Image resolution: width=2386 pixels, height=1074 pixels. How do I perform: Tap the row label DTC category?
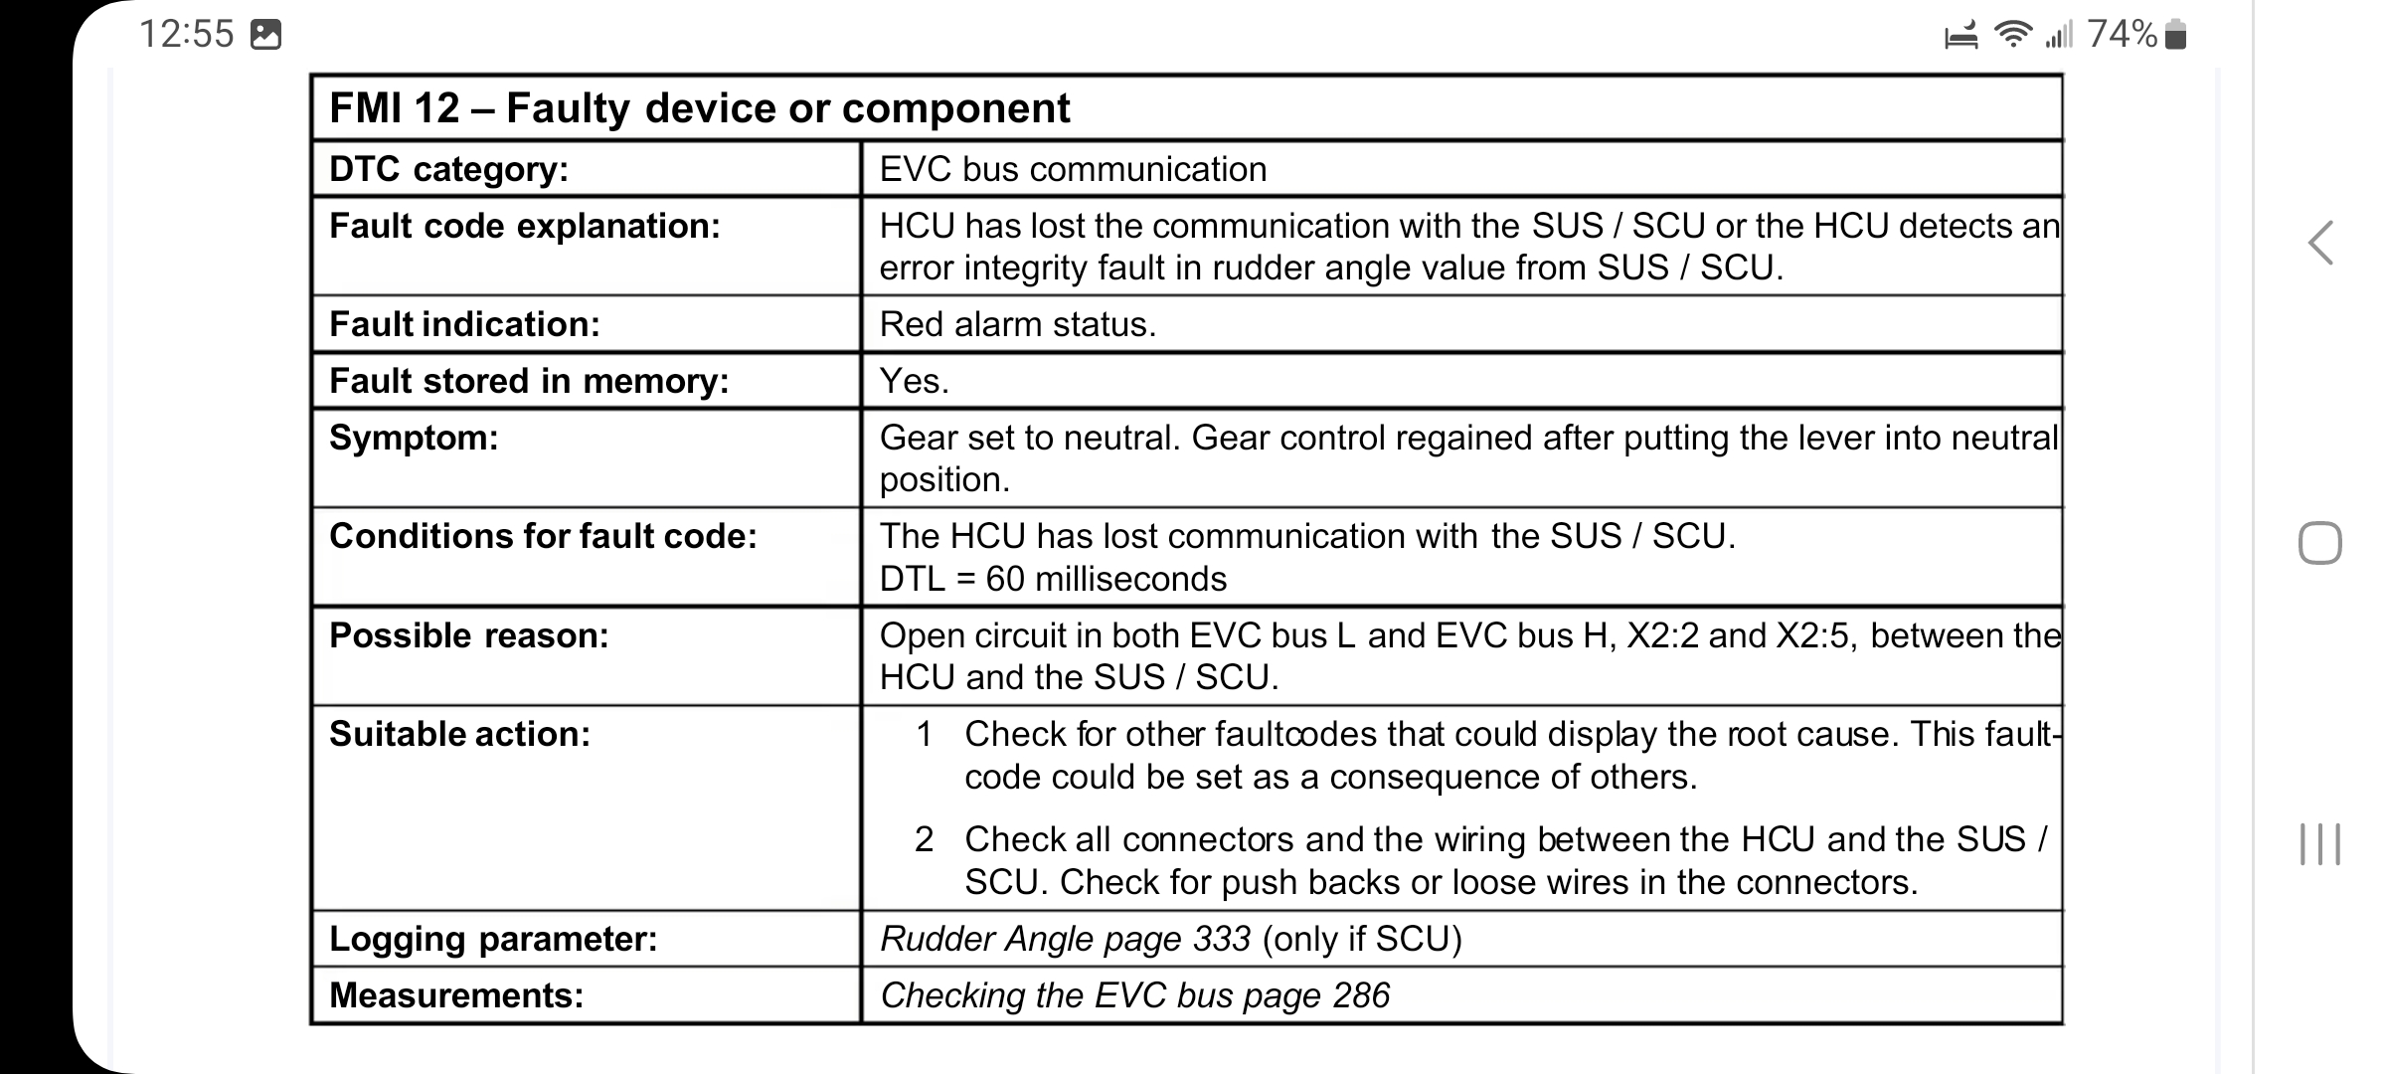(x=448, y=169)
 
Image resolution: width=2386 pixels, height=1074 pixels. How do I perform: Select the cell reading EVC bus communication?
(x=1073, y=169)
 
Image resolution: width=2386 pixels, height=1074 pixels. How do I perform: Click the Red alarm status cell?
(x=1018, y=324)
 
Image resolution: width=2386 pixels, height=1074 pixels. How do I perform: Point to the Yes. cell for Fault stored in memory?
(x=915, y=381)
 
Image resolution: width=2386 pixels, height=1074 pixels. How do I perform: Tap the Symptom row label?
(x=414, y=438)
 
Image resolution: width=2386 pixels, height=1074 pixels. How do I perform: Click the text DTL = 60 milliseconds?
(x=1053, y=579)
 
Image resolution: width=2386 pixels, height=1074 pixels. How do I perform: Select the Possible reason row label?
(x=469, y=635)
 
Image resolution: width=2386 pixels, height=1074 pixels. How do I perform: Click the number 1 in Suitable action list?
(x=925, y=734)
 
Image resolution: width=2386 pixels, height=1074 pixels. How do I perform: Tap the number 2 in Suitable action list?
(x=925, y=839)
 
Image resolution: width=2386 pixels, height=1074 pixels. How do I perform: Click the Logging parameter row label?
(x=493, y=939)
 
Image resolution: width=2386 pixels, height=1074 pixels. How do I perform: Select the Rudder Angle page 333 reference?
(x=1066, y=939)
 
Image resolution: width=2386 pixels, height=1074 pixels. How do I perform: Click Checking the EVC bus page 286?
(x=1134, y=995)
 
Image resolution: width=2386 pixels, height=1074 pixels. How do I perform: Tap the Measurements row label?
(x=456, y=995)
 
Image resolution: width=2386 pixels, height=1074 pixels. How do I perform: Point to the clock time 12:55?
(x=186, y=34)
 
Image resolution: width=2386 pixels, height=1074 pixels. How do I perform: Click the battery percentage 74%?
(x=2122, y=34)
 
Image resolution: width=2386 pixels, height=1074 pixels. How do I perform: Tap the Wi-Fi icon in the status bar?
(x=2013, y=35)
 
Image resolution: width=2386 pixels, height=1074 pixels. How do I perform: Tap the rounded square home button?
(x=2320, y=543)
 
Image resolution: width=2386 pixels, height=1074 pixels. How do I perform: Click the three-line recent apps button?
(x=2320, y=844)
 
